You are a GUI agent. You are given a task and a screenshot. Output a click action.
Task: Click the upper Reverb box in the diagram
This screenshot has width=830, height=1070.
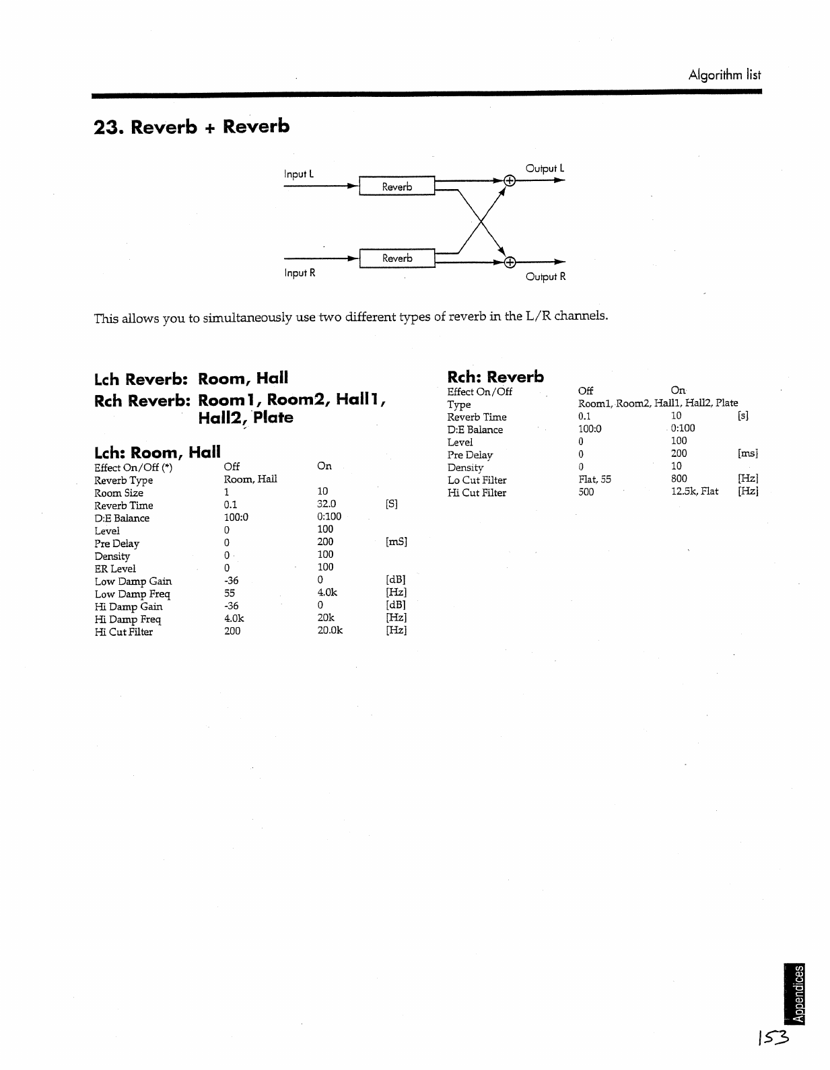click(x=396, y=186)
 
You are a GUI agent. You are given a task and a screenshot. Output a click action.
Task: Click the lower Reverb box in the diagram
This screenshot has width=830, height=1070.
click(x=396, y=258)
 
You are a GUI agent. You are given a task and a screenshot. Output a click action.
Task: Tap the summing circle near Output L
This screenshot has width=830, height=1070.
click(x=510, y=180)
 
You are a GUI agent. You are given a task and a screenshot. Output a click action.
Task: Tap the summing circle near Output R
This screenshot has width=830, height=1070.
click(x=510, y=262)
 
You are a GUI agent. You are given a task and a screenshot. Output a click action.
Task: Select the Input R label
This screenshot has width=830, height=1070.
click(x=299, y=273)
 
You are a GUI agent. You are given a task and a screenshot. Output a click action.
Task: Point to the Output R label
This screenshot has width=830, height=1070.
click(x=545, y=277)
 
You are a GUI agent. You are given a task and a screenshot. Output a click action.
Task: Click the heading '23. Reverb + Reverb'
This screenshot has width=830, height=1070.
click(x=192, y=127)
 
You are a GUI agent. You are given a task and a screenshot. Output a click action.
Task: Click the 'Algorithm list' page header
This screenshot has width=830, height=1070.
click(x=724, y=75)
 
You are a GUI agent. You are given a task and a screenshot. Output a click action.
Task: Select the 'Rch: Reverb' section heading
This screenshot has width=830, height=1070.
click(x=495, y=377)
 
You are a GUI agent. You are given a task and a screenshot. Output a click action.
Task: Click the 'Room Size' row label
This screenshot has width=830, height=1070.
click(x=118, y=493)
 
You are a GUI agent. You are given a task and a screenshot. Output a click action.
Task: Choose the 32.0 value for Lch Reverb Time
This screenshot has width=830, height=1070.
click(x=326, y=504)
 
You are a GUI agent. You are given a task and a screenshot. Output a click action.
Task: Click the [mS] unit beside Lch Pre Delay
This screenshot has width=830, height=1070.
click(x=396, y=542)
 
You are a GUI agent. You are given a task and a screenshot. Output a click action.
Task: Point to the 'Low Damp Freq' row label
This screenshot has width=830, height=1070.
click(x=132, y=594)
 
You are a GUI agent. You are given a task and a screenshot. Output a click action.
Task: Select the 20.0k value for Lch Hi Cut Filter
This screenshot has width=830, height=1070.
click(x=330, y=631)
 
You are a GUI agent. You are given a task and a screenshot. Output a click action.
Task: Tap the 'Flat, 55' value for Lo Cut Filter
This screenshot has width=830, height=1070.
click(x=594, y=479)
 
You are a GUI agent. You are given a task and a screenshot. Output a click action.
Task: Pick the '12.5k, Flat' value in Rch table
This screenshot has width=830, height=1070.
click(x=694, y=491)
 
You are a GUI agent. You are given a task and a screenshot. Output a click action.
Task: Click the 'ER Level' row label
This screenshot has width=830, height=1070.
click(x=114, y=569)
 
